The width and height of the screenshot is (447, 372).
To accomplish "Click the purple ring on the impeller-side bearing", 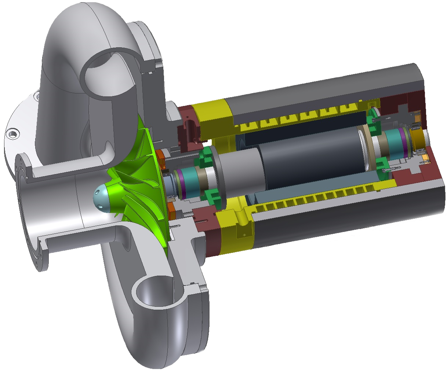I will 182,183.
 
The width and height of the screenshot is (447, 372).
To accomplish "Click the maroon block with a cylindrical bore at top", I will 189,128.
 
